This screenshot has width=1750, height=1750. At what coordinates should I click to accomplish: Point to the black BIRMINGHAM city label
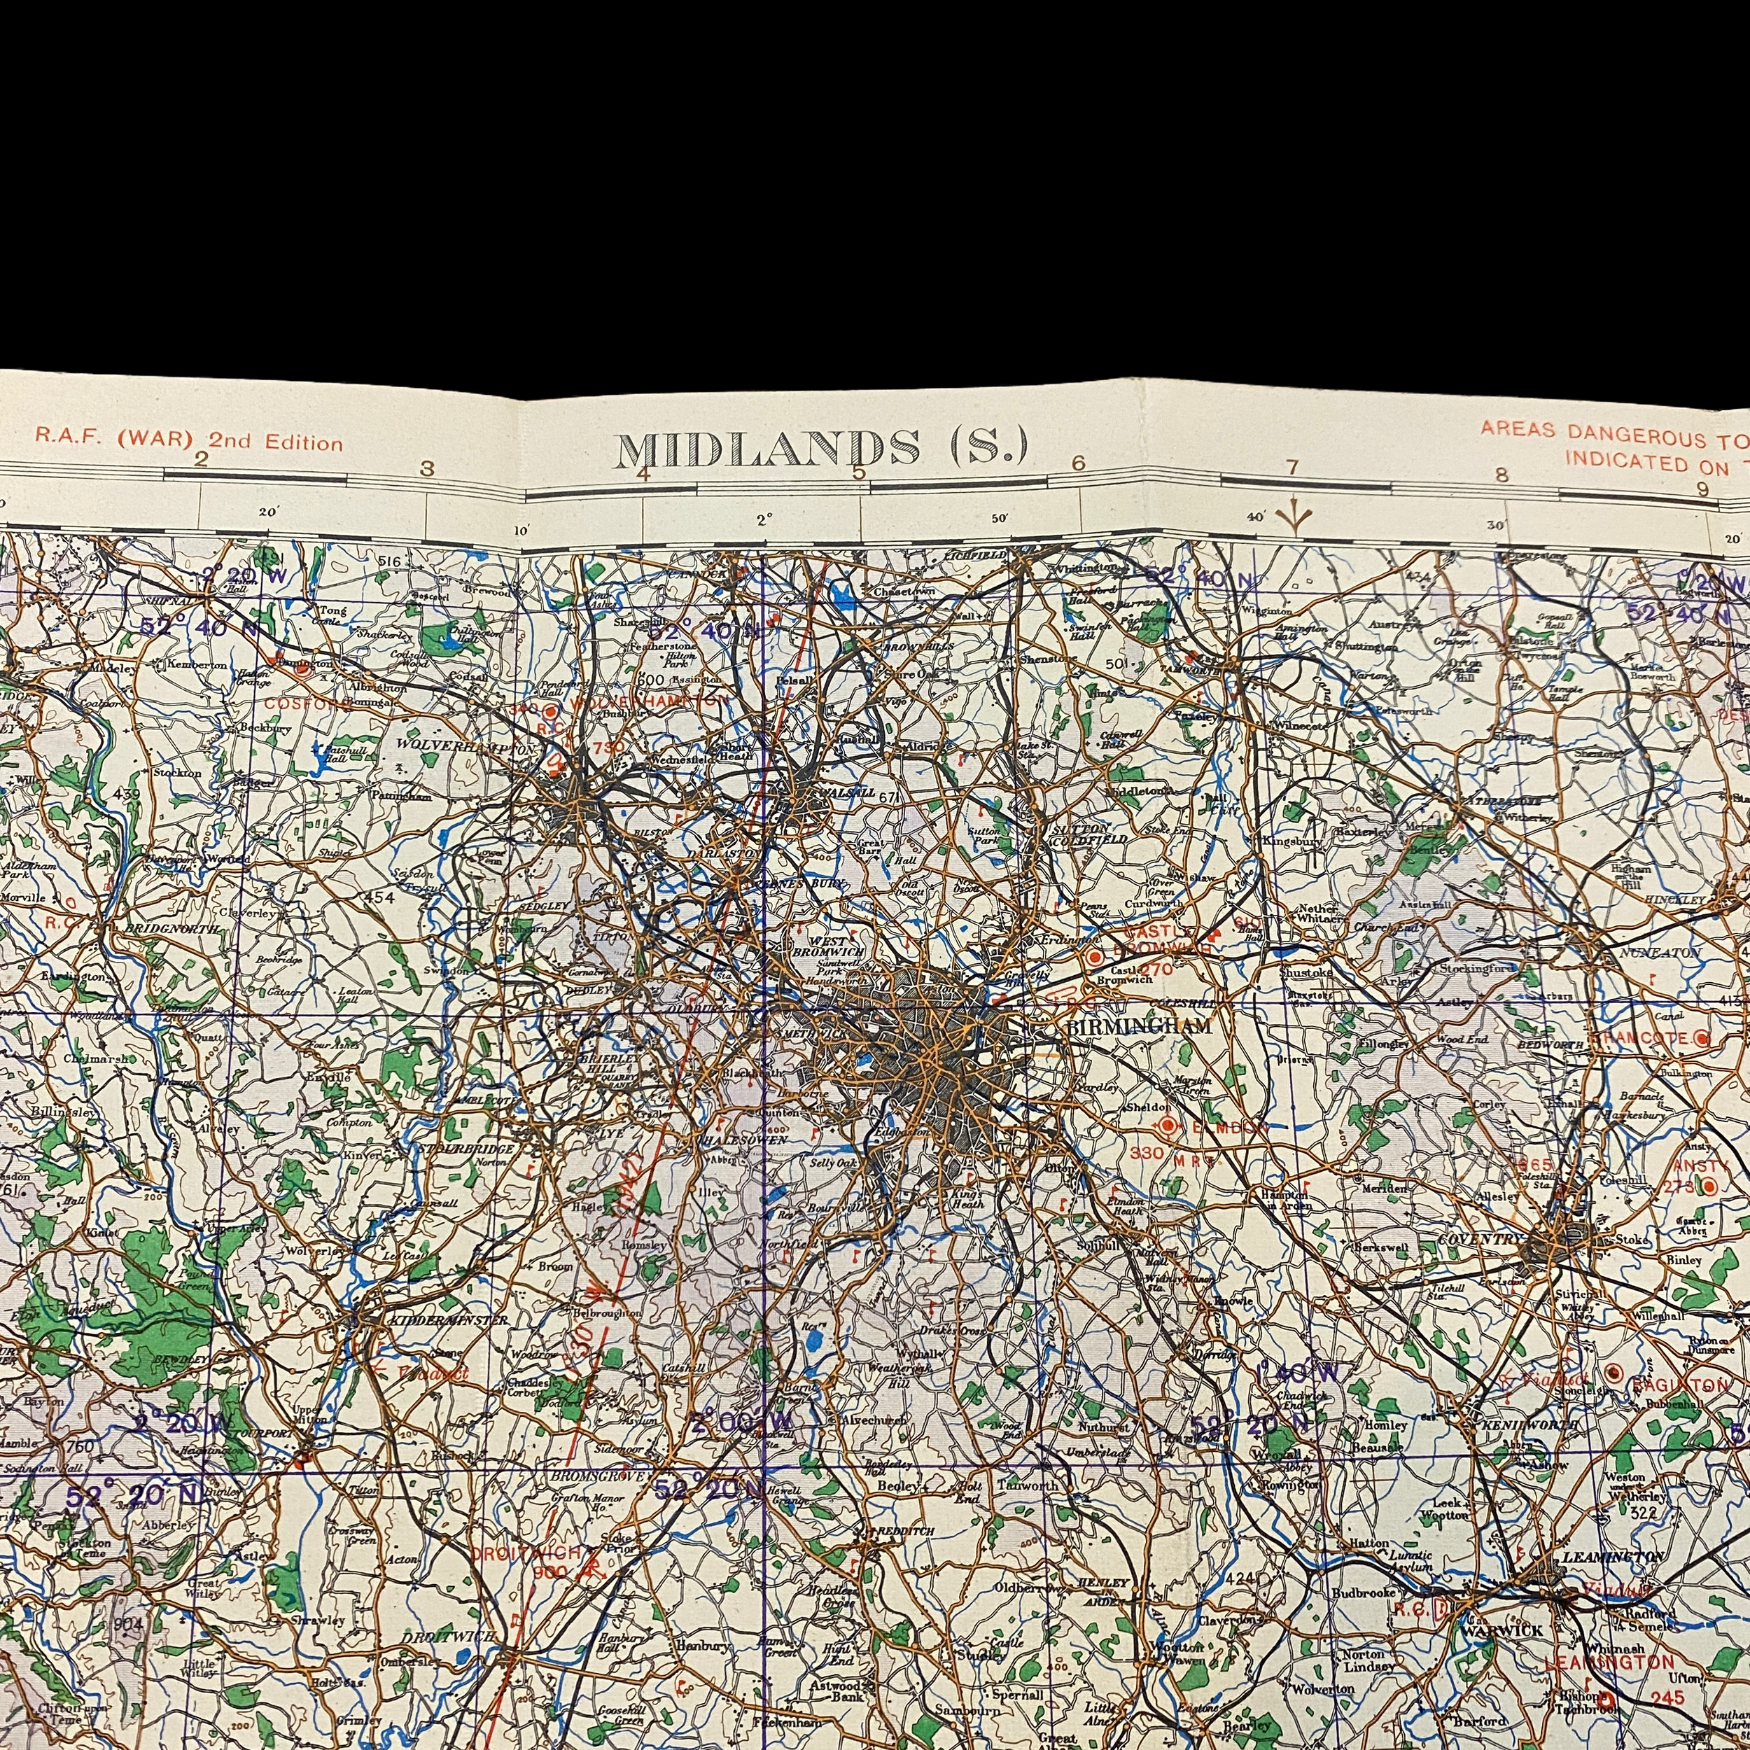coord(1140,1027)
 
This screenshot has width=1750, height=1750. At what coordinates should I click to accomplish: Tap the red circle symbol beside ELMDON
coord(1168,1126)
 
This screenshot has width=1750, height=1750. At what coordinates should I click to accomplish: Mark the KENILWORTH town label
coord(1527,1424)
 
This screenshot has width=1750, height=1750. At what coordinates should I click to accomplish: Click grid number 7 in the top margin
coord(1291,468)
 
